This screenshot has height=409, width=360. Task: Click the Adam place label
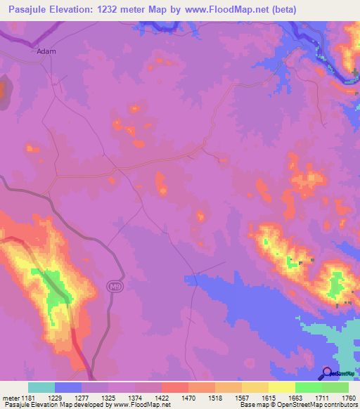click(x=46, y=51)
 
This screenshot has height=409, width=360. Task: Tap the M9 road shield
click(x=114, y=286)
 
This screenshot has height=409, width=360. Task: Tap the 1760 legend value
click(x=347, y=398)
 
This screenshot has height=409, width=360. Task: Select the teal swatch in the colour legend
click(x=41, y=387)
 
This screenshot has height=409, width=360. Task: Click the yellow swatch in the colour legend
click(x=281, y=387)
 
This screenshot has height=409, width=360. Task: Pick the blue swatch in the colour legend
click(x=67, y=387)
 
